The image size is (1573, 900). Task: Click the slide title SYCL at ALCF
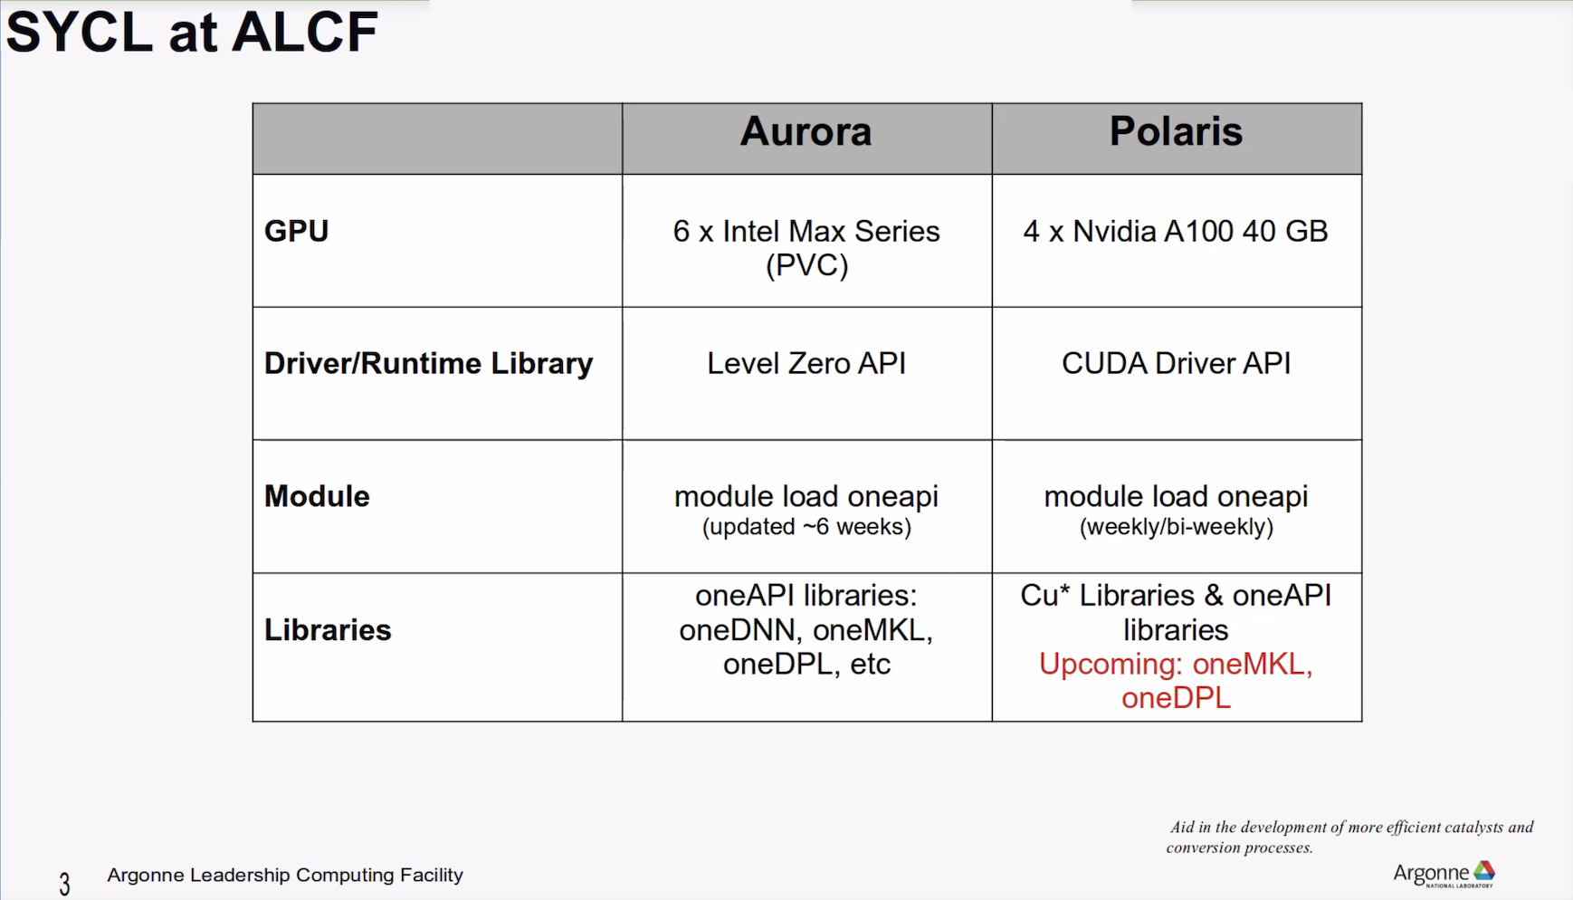pyautogui.click(x=192, y=33)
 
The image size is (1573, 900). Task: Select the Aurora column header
pyautogui.click(x=806, y=131)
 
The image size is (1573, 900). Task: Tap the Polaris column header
pyautogui.click(x=1176, y=131)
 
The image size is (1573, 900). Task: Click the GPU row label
pyautogui.click(x=296, y=231)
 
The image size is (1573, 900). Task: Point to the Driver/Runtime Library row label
pyautogui.click(x=428, y=363)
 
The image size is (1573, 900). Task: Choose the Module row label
pyautogui.click(x=317, y=496)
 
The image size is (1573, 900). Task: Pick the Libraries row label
pyautogui.click(x=328, y=630)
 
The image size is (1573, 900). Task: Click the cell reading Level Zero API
pyautogui.click(x=806, y=363)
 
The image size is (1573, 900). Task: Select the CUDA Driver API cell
pyautogui.click(x=1176, y=363)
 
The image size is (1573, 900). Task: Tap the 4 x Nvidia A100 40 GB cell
pyautogui.click(x=1176, y=231)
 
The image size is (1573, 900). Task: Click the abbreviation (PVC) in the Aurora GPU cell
pyautogui.click(x=806, y=266)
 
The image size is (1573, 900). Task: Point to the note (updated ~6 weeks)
pyautogui.click(x=806, y=527)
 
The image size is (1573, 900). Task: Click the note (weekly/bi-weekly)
pyautogui.click(x=1176, y=527)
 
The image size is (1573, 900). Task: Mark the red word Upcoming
pyautogui.click(x=1111, y=665)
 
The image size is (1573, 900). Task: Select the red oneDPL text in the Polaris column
pyautogui.click(x=1176, y=698)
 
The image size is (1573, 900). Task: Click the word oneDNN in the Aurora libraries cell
pyautogui.click(x=737, y=630)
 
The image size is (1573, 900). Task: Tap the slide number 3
pyautogui.click(x=64, y=884)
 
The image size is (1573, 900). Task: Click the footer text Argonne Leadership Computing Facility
pyautogui.click(x=285, y=875)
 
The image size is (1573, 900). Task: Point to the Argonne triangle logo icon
pyautogui.click(x=1484, y=871)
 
